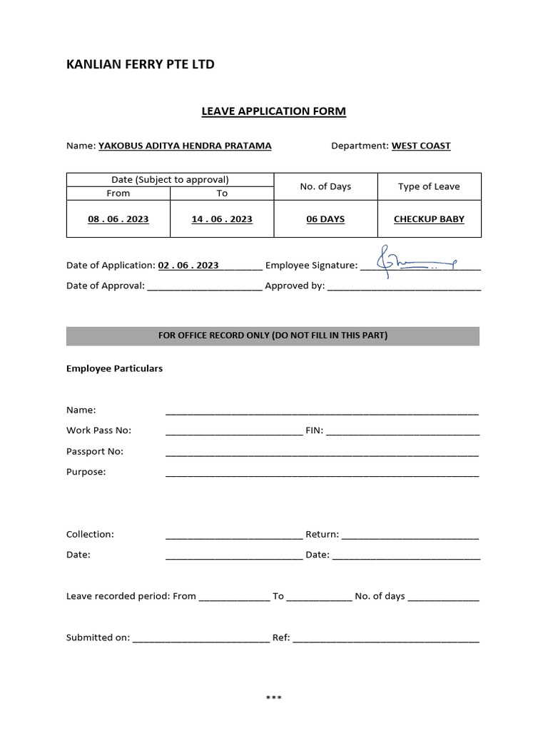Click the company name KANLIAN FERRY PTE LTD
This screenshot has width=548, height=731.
[140, 65]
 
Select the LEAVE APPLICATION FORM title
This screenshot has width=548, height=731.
[273, 111]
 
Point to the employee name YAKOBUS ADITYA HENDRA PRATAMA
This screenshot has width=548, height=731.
[185, 146]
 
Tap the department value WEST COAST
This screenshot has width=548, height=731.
[421, 146]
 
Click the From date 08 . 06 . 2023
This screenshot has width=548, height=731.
[118, 219]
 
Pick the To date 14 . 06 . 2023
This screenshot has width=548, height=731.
[222, 219]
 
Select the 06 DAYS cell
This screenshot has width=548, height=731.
[325, 219]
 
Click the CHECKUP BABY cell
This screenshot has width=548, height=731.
[429, 219]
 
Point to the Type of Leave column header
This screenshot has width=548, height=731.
[429, 186]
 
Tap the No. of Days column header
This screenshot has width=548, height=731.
[325, 186]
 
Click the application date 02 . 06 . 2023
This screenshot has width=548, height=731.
[188, 265]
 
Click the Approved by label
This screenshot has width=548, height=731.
[295, 286]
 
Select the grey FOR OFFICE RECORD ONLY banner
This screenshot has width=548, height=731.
[273, 336]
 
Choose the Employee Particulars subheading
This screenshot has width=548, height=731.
[114, 368]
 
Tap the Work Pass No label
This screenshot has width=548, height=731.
[98, 430]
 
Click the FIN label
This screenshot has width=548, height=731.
[314, 430]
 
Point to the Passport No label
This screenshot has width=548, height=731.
[95, 451]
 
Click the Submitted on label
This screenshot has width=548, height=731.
[98, 637]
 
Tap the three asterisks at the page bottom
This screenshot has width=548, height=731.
[274, 697]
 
